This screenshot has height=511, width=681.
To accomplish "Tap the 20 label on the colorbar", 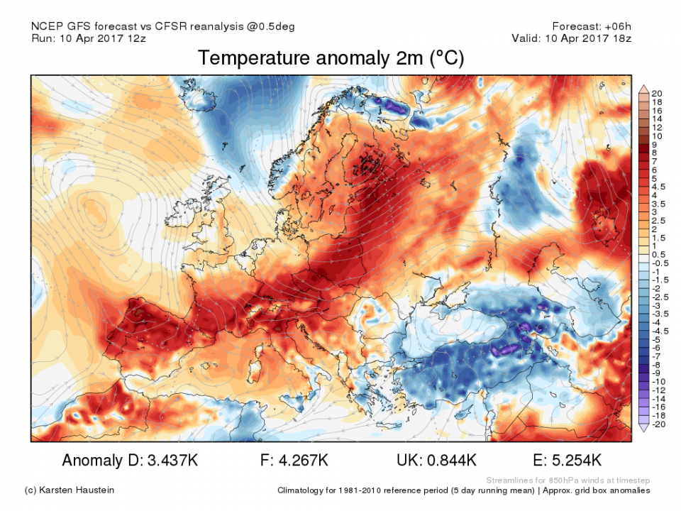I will (656, 94).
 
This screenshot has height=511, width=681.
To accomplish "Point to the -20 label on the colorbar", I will (658, 424).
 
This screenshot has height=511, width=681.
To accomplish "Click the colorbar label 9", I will (654, 144).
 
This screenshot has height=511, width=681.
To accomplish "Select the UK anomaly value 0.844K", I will (450, 461).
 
